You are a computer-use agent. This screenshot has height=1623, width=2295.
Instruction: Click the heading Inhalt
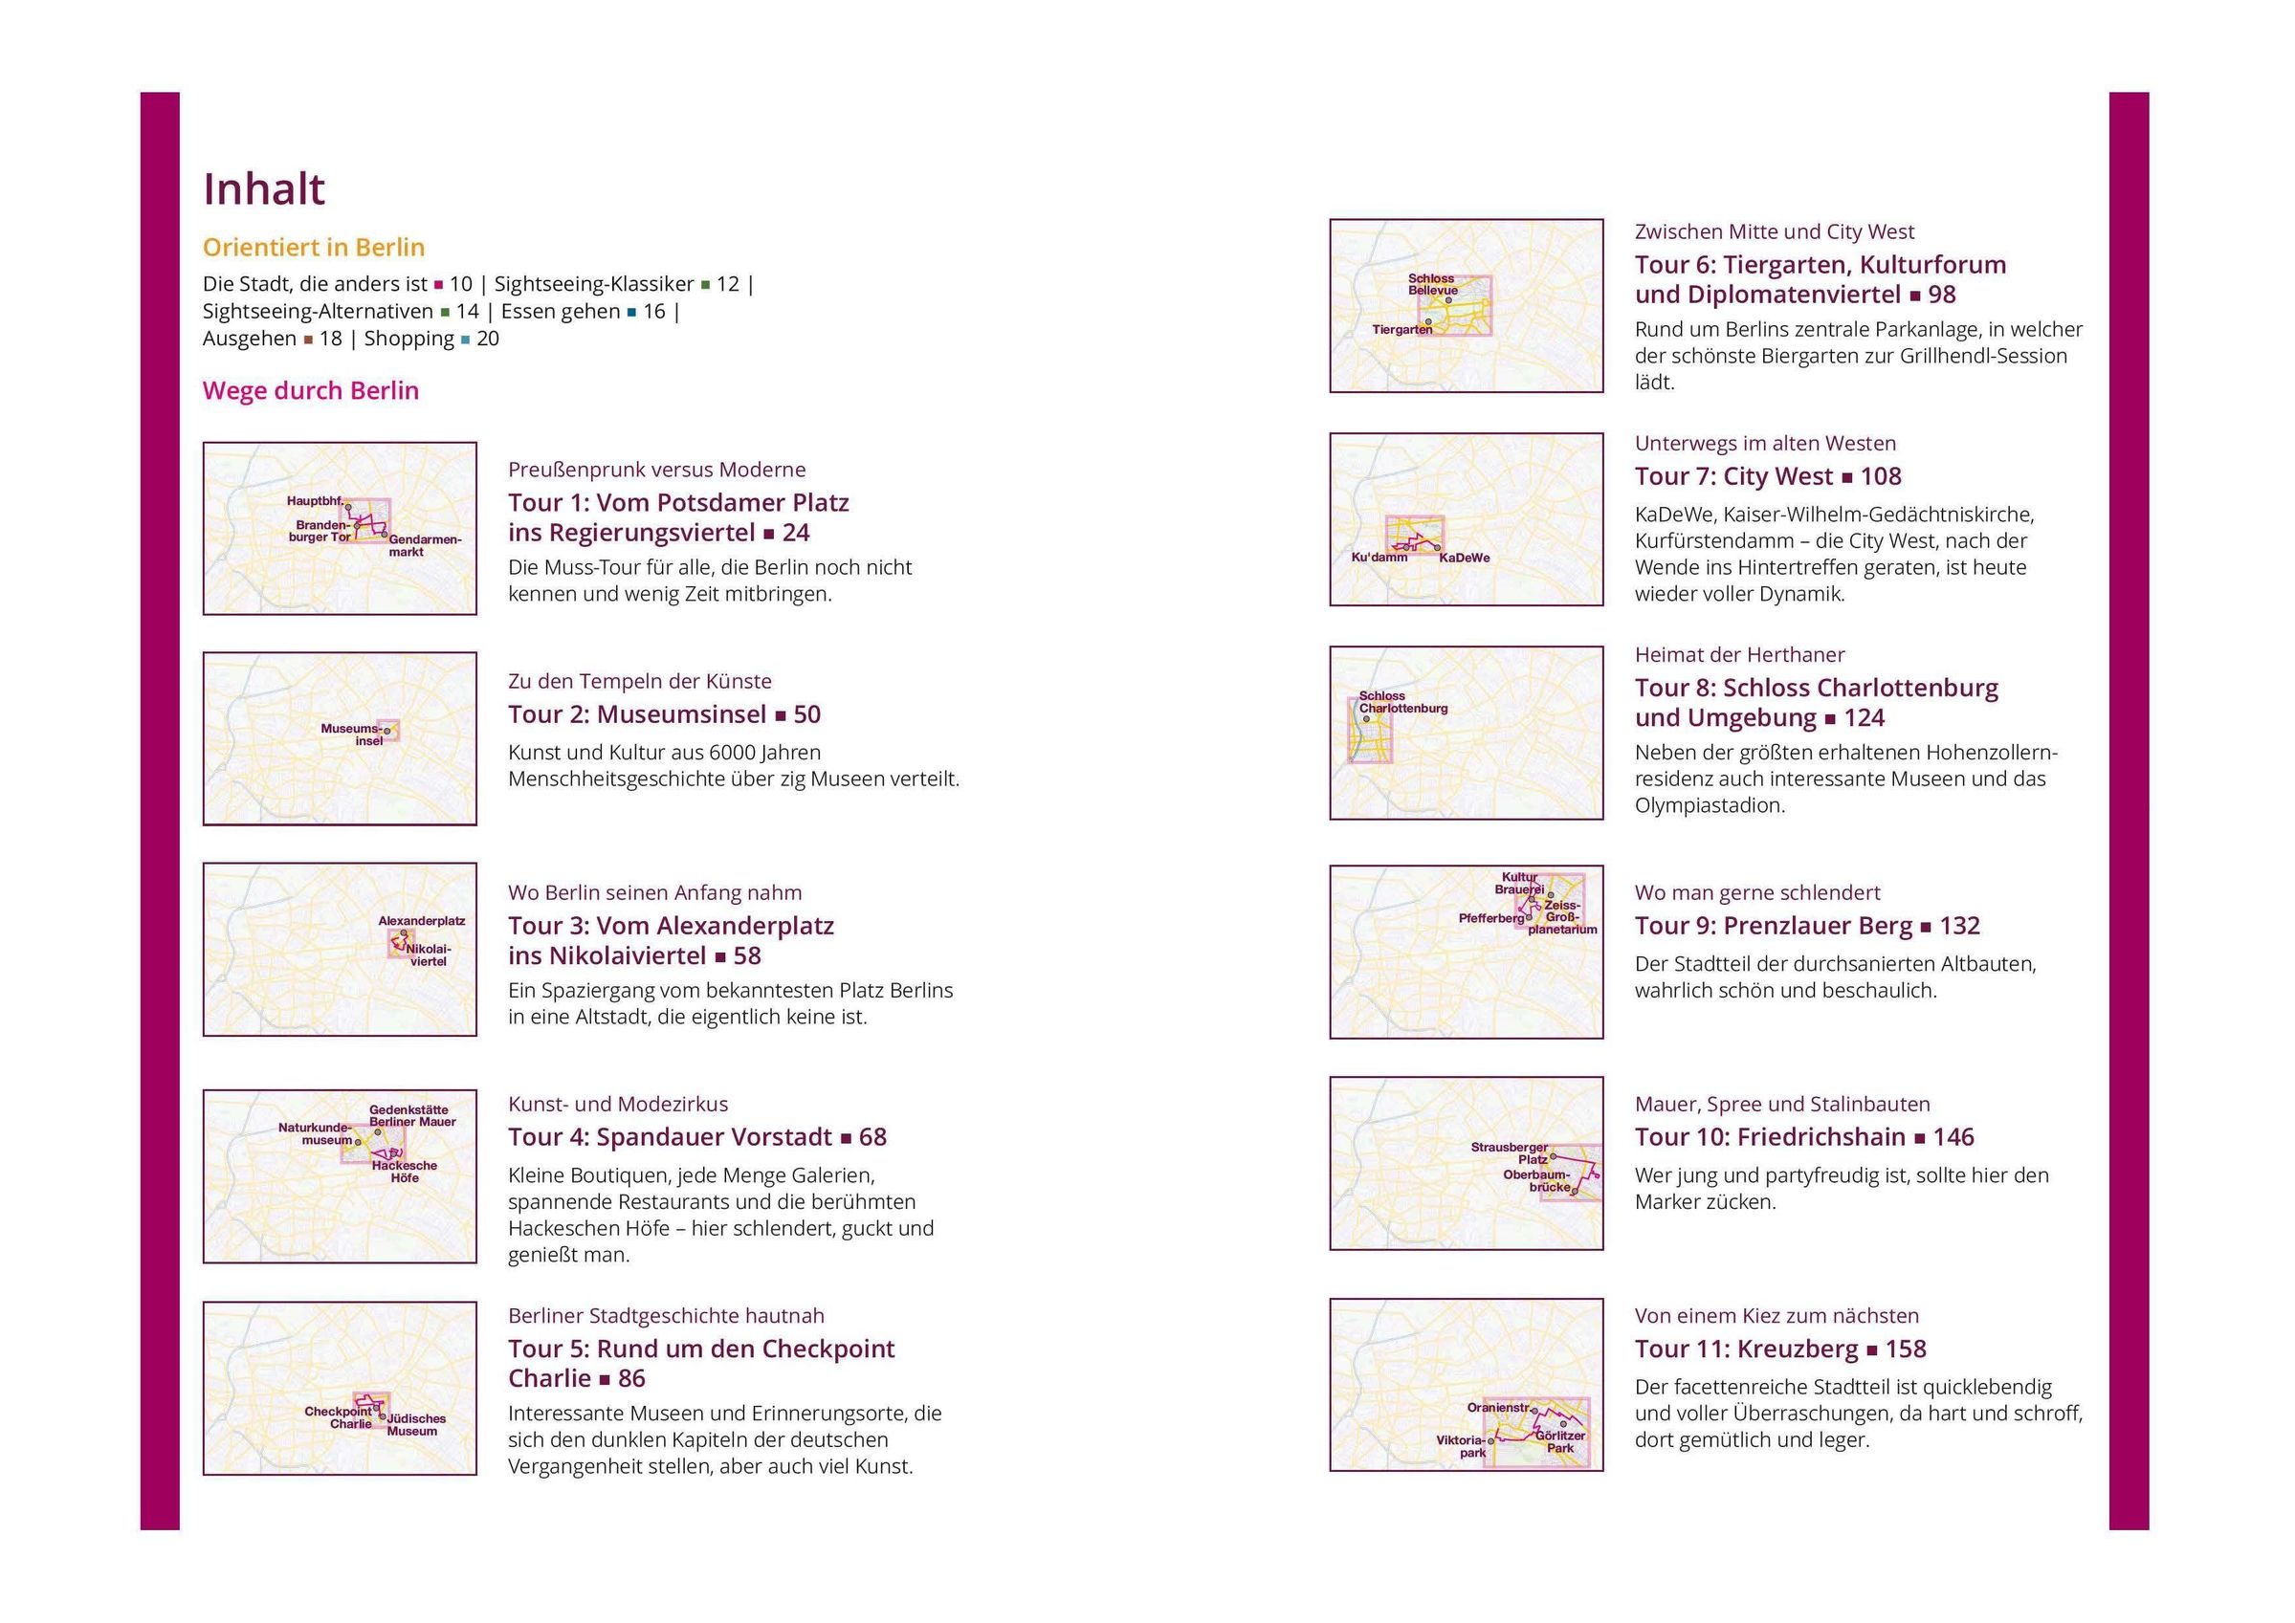click(264, 188)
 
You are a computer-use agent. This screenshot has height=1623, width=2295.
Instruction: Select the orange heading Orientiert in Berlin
click(314, 247)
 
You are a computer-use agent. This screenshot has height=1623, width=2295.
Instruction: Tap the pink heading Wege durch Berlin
click(311, 391)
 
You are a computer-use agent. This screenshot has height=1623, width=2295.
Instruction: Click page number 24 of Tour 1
click(796, 533)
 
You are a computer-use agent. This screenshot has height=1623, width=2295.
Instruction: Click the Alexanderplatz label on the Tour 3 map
click(422, 921)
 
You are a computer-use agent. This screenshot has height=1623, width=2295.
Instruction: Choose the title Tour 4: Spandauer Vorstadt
click(670, 1137)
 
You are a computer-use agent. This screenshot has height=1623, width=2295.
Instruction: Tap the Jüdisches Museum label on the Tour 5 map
click(414, 1425)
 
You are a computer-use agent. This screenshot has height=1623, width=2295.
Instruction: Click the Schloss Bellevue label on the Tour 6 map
click(1433, 285)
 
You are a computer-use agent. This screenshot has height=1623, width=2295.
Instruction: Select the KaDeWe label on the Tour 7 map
click(1465, 558)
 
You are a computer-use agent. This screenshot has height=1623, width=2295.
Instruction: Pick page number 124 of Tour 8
click(1865, 717)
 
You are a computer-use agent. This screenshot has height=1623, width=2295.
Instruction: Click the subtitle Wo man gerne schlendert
click(1757, 892)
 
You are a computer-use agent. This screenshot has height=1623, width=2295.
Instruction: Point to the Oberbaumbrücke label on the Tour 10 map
click(1539, 1181)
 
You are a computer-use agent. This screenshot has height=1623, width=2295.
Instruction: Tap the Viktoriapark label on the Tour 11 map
click(1462, 1447)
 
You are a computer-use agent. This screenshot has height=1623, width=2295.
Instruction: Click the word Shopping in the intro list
click(408, 339)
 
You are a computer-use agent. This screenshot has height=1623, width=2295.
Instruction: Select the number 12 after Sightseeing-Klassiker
click(728, 284)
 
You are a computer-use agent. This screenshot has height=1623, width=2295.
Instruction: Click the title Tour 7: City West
click(1733, 476)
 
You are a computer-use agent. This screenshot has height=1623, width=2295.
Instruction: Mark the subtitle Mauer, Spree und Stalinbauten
click(1782, 1105)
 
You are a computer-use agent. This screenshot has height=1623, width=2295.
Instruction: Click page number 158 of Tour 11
click(1906, 1349)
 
